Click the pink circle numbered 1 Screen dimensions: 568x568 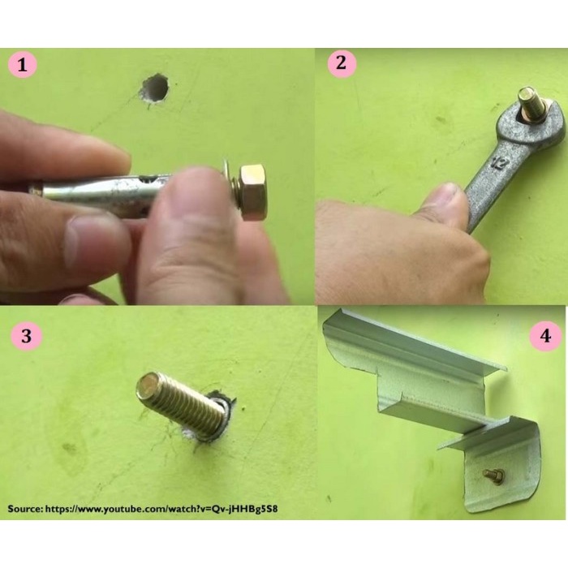(x=23, y=65)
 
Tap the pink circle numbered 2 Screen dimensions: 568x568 (x=342, y=63)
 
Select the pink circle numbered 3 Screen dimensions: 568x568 (x=27, y=335)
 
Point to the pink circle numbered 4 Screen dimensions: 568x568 (x=545, y=336)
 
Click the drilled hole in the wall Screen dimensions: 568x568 (x=155, y=88)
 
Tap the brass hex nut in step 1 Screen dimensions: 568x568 (x=253, y=192)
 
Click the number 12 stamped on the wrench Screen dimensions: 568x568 (x=498, y=162)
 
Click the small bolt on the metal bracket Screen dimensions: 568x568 (x=491, y=474)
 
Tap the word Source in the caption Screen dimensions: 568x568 (x=24, y=508)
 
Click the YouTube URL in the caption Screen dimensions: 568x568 (x=161, y=509)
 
